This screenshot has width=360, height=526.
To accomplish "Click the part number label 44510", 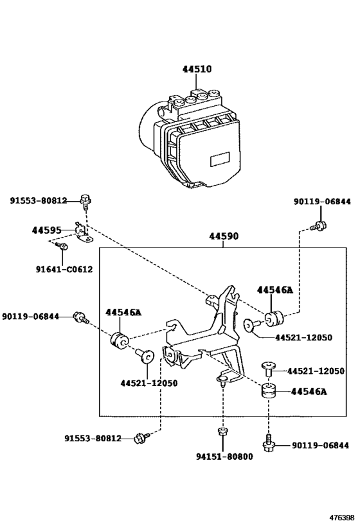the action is click(x=197, y=69).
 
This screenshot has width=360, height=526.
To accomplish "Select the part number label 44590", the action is click(x=224, y=236).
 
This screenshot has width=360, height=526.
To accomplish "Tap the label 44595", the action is click(x=47, y=230).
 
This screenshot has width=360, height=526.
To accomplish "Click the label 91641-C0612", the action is click(x=64, y=269).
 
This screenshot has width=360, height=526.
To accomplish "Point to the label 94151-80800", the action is click(x=224, y=456).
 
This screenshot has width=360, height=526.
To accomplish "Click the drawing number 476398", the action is click(x=341, y=518).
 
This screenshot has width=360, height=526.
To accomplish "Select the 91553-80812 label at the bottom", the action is click(x=93, y=438).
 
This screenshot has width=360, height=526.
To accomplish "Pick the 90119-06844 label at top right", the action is click(x=322, y=201).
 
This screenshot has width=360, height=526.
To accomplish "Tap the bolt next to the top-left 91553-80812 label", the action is click(x=85, y=201).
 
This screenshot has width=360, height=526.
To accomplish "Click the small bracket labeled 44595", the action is click(x=83, y=233).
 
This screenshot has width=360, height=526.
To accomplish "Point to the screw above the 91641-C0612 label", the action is click(x=62, y=246).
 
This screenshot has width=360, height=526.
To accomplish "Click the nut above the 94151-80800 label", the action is click(x=222, y=431).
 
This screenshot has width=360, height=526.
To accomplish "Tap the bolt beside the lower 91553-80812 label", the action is click(x=141, y=438).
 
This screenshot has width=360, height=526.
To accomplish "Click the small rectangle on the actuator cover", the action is click(x=220, y=159).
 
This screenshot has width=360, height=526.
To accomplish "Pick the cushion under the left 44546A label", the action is click(x=119, y=340).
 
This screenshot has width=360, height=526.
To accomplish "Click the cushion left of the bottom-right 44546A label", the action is click(x=269, y=390).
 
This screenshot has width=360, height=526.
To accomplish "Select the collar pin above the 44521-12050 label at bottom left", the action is click(x=145, y=356).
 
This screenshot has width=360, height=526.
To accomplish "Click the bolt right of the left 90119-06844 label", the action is click(x=80, y=317).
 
